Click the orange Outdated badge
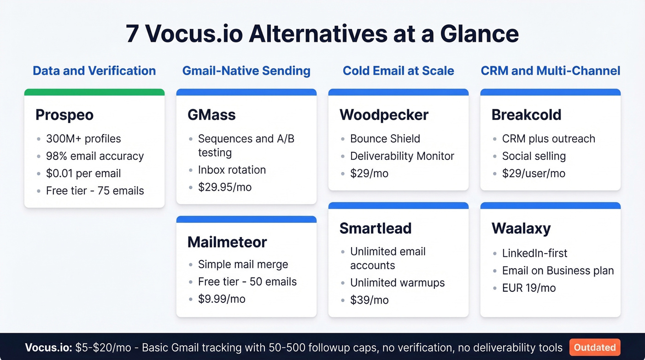pyautogui.click(x=595, y=348)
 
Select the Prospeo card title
pyautogui.click(x=64, y=115)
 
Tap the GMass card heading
pyautogui.click(x=211, y=115)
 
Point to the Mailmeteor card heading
pyautogui.click(x=227, y=242)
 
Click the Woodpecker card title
pyautogui.click(x=384, y=115)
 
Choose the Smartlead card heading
pyautogui.click(x=375, y=228)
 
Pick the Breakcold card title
pyautogui.click(x=526, y=115)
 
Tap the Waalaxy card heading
pyautogui.click(x=521, y=228)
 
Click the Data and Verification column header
pyautogui.click(x=94, y=71)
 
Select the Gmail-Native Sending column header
pyautogui.click(x=246, y=71)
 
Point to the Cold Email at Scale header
pyautogui.click(x=399, y=71)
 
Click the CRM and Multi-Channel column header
pyautogui.click(x=551, y=71)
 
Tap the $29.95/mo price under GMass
pyautogui.click(x=225, y=187)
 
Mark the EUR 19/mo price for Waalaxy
pyautogui.click(x=529, y=288)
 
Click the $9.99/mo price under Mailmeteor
pyautogui.click(x=222, y=299)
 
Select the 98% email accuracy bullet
pyautogui.click(x=95, y=156)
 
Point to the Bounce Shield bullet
pyautogui.click(x=385, y=139)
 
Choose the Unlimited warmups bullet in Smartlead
pyautogui.click(x=397, y=283)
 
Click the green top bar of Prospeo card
pyautogui.click(x=94, y=92)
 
